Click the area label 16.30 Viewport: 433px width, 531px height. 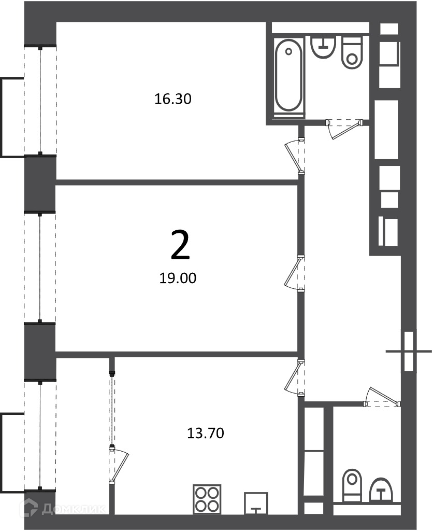coord(173,99)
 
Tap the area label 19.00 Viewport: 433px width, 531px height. coord(178,278)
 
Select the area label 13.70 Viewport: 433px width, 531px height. coord(205,433)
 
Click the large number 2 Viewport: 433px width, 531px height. coord(180,245)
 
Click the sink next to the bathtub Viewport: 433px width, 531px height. coord(323,47)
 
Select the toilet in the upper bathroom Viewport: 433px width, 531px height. coord(353,52)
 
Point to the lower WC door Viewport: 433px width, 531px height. coord(382,396)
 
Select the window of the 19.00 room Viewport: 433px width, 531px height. coord(40,268)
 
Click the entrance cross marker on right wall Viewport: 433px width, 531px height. coord(409,351)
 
